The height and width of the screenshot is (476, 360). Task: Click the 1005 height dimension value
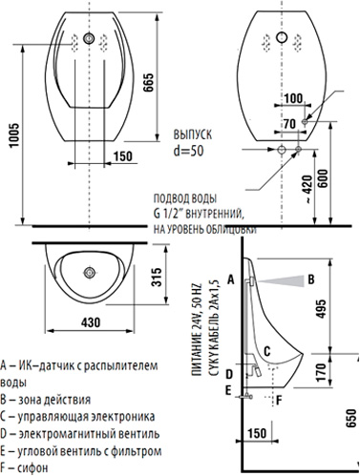[14, 135]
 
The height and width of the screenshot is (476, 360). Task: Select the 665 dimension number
[148, 83]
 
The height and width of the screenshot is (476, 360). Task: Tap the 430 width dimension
[91, 322]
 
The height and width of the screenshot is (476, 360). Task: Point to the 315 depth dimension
[157, 277]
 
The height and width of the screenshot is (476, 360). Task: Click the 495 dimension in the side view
[322, 308]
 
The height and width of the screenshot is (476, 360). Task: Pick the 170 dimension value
[322, 372]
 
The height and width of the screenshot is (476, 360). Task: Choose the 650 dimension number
[351, 418]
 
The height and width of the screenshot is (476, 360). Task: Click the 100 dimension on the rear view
[293, 98]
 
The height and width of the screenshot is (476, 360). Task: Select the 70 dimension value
[289, 123]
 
